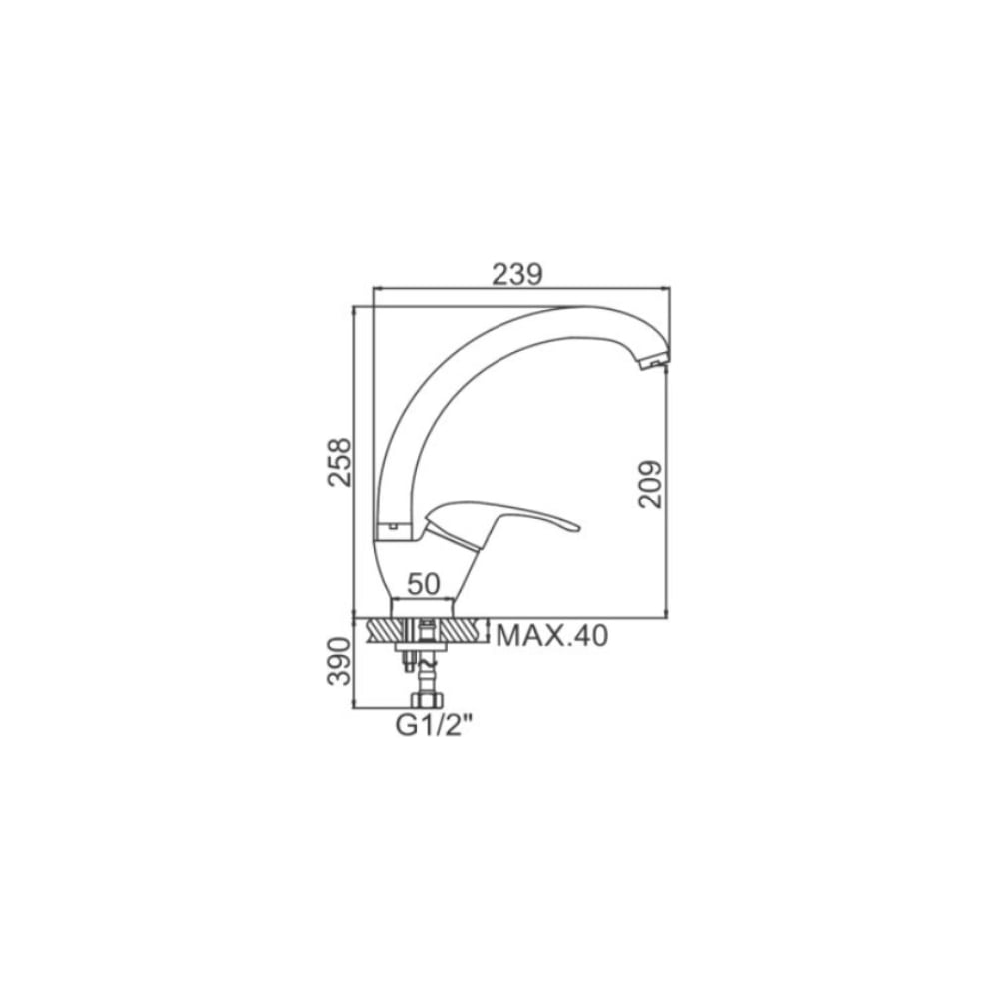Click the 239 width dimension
tap(517, 274)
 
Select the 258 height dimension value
tap(340, 462)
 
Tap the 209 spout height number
tap(650, 485)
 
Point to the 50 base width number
tap(424, 583)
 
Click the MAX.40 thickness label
tap(552, 635)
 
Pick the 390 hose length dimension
tap(339, 662)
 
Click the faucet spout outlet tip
tap(651, 364)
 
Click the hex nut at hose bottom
tap(427, 701)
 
